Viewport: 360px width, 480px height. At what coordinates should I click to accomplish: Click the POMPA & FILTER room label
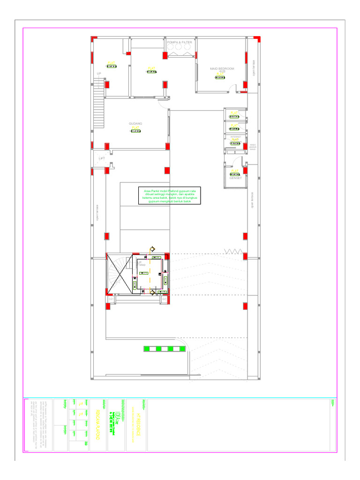tap(180, 42)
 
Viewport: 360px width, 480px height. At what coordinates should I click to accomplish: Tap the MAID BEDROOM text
tap(222, 68)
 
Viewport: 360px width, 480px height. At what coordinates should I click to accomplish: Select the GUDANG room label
tap(135, 124)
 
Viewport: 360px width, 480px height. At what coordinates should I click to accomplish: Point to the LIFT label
tap(102, 158)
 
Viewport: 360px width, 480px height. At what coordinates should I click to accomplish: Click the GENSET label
tap(235, 178)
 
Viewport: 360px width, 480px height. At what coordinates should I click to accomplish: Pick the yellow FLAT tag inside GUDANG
tap(135, 127)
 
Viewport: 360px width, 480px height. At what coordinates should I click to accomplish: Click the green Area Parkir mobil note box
tap(170, 196)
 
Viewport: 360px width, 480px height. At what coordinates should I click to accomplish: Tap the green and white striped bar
tap(165, 348)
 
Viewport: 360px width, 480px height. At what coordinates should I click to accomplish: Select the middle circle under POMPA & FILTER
tap(179, 47)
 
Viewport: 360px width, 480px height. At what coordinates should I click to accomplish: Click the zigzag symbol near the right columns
tap(232, 252)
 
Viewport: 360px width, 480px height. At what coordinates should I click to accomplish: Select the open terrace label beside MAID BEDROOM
tap(254, 67)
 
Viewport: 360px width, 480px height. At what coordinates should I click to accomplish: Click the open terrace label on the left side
tap(97, 213)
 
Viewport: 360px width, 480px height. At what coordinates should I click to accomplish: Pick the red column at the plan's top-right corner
tap(256, 38)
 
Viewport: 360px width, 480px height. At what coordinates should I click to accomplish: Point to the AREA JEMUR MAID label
tap(252, 147)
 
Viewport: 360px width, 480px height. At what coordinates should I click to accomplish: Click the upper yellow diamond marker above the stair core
tap(152, 249)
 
